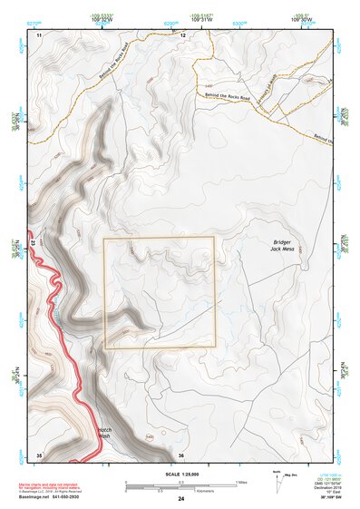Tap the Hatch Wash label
[105, 434]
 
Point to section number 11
[39, 34]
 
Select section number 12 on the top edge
[182, 34]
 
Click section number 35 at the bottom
[38, 454]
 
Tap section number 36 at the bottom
[181, 454]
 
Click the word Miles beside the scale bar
[242, 481]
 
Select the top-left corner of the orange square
[104, 239]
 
